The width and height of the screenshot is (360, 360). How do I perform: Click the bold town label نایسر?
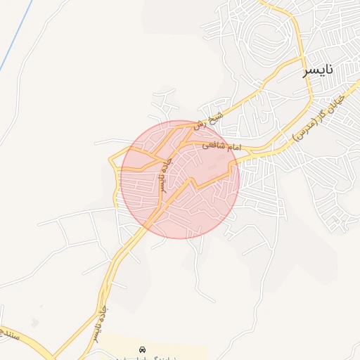(318, 71)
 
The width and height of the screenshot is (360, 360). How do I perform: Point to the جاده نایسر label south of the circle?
(99, 321)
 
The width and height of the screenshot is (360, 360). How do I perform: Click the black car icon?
(143, 349)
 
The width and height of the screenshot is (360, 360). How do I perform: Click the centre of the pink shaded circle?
(180, 179)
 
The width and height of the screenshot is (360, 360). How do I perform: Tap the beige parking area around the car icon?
(176, 351)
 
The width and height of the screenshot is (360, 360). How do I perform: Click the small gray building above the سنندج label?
(35, 323)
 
